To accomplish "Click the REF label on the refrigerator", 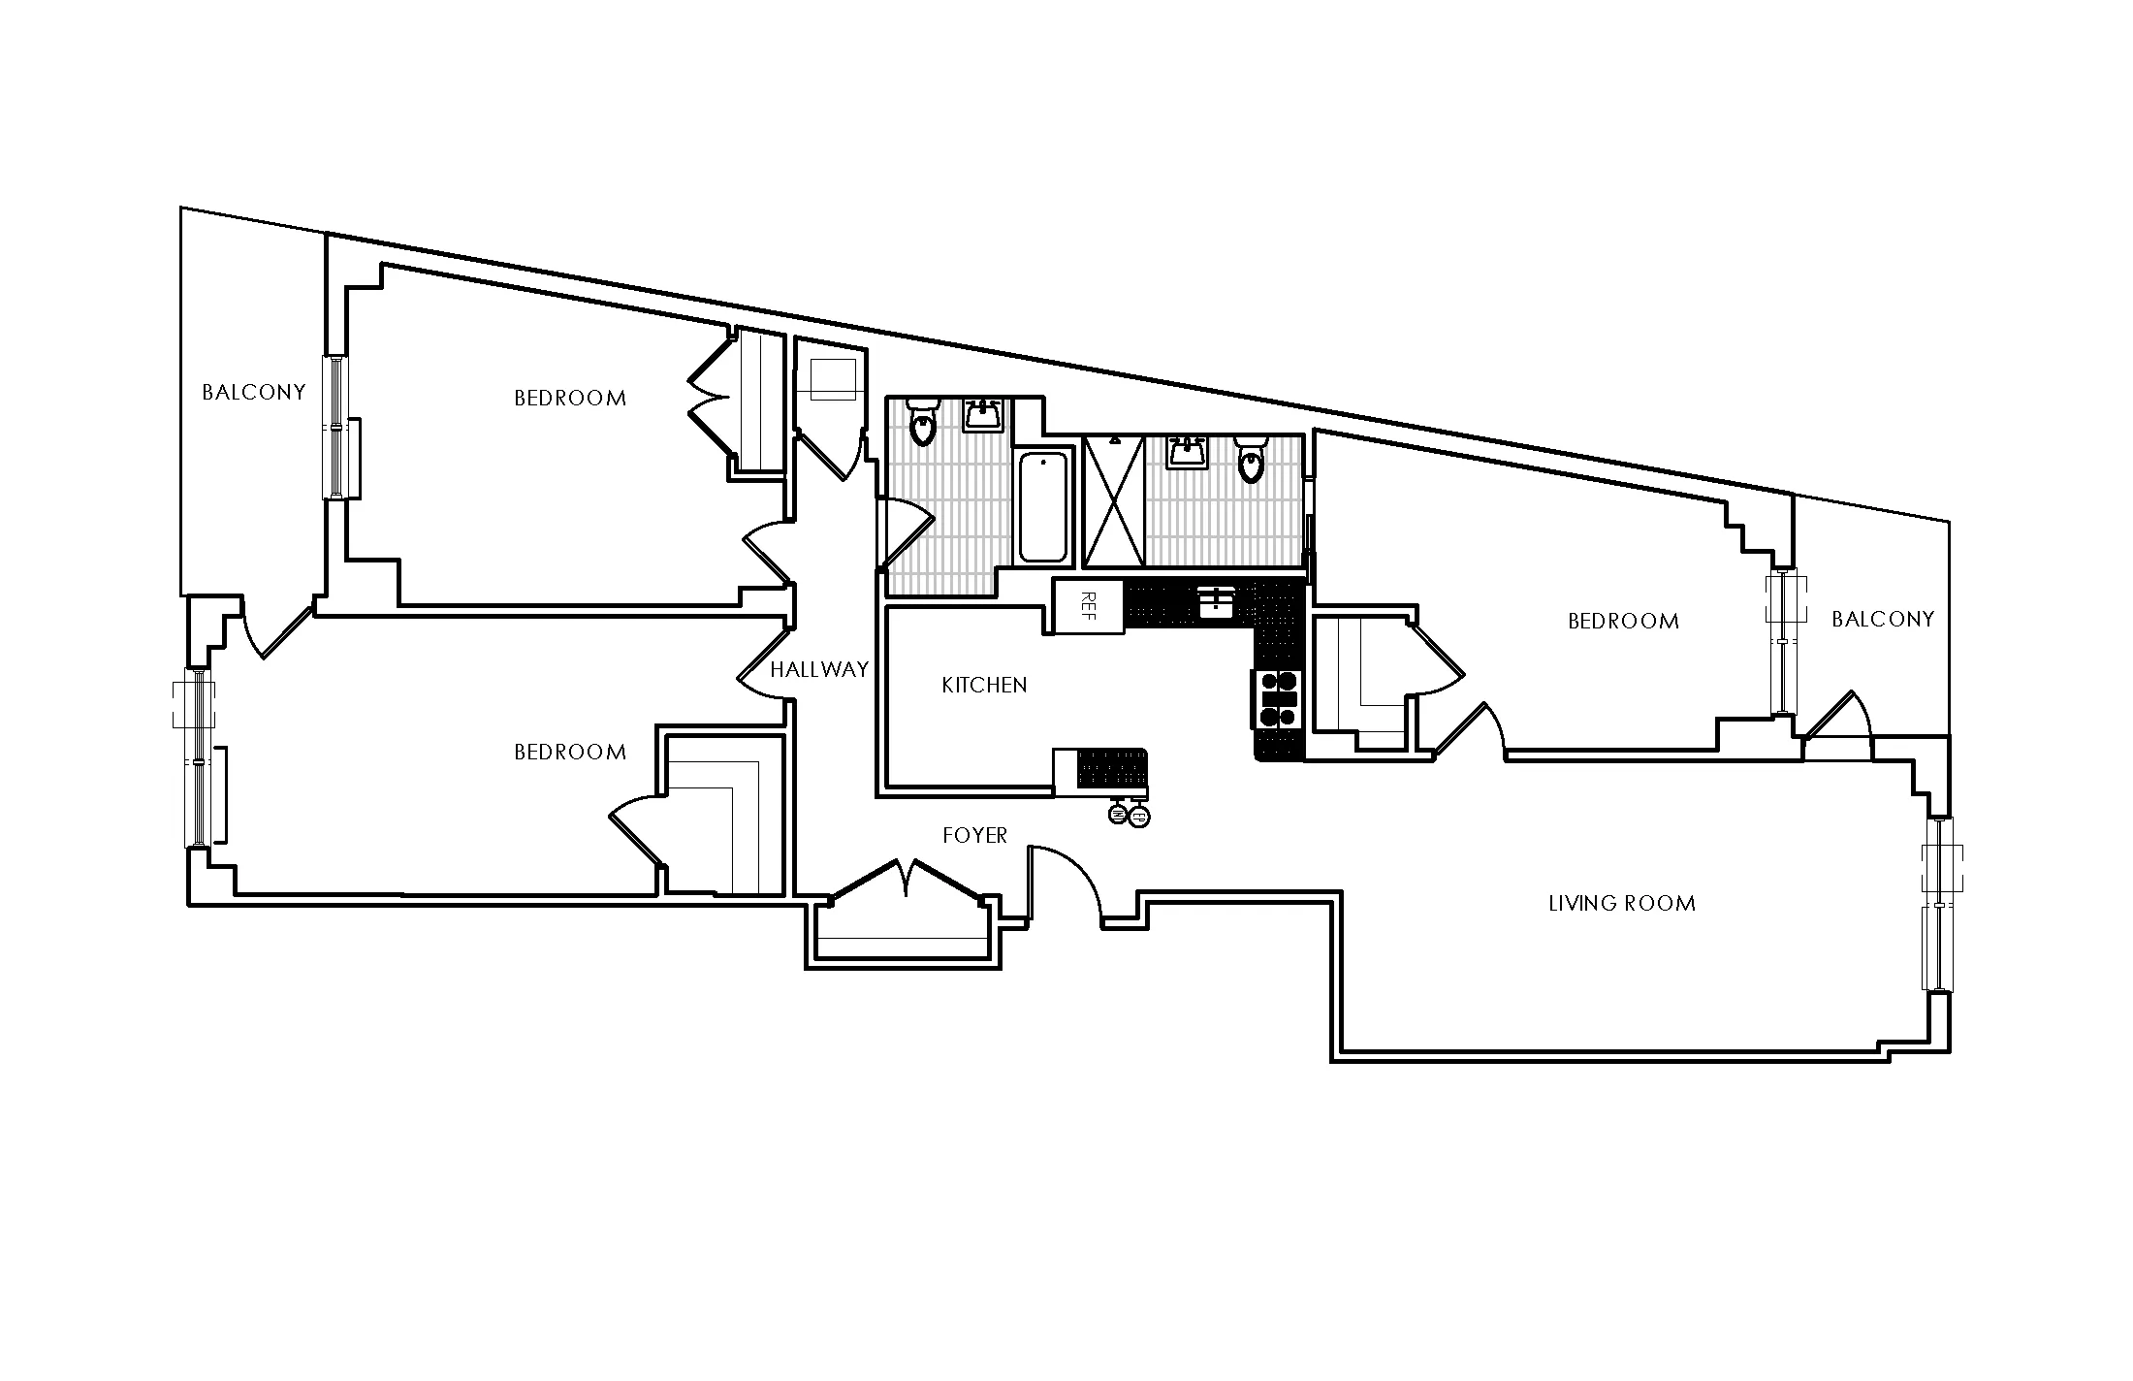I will pyautogui.click(x=1088, y=605).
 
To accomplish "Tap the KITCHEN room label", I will pyautogui.click(x=984, y=685).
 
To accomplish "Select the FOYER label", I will pyautogui.click(x=975, y=835).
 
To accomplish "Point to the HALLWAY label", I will pyautogui.click(x=819, y=669).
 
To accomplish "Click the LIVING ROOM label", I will pyautogui.click(x=1622, y=904).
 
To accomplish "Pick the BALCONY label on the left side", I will pyautogui.click(x=253, y=392).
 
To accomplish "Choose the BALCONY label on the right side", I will pyautogui.click(x=1883, y=619).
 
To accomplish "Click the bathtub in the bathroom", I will pyautogui.click(x=1043, y=507).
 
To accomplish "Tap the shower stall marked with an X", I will pyautogui.click(x=1113, y=500).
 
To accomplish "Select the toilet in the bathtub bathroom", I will pyautogui.click(x=921, y=422).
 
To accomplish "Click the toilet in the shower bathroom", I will pyautogui.click(x=1252, y=460).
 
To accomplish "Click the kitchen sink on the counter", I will pyautogui.click(x=1215, y=602).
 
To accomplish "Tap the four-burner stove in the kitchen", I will pyautogui.click(x=1277, y=698).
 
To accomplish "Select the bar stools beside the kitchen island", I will pyautogui.click(x=1129, y=815).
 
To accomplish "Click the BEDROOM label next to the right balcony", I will pyautogui.click(x=1623, y=621).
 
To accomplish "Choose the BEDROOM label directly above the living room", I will pyautogui.click(x=1623, y=621).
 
